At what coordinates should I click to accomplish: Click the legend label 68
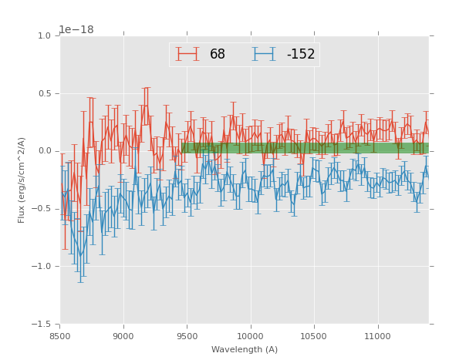[x=218, y=55]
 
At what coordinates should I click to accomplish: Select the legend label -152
[x=301, y=55]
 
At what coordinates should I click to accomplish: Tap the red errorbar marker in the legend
[x=187, y=54]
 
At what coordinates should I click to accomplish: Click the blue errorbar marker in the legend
[x=264, y=54]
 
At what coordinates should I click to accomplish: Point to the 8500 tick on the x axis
[x=60, y=337]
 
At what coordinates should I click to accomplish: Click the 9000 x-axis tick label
[x=123, y=337]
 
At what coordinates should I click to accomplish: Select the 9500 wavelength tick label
[x=187, y=337]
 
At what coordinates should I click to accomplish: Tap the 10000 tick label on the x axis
[x=251, y=337]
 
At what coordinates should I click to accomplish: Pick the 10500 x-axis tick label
[x=314, y=337]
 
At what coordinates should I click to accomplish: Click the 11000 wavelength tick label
[x=377, y=337]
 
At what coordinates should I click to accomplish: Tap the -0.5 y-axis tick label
[x=42, y=209]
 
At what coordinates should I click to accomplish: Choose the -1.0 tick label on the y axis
[x=42, y=267]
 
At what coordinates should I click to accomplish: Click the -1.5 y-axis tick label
[x=42, y=325]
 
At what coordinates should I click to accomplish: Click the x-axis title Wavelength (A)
[x=245, y=349]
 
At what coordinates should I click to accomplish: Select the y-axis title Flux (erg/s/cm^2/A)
[x=22, y=180]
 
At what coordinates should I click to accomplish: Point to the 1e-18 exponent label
[x=76, y=29]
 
